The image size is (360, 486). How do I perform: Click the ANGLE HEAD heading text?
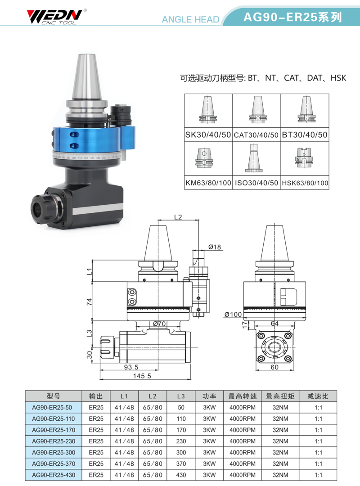(x=190, y=19)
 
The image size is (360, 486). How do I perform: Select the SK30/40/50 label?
(x=208, y=135)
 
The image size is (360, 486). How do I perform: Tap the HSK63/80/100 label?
(x=305, y=183)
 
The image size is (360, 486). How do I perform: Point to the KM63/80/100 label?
(x=208, y=183)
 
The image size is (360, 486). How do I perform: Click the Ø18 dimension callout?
(x=215, y=247)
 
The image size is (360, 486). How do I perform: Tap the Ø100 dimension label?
(x=233, y=314)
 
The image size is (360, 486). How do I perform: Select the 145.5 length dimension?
(x=142, y=376)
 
